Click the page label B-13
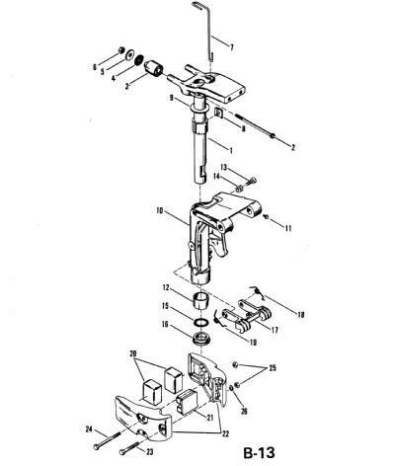coord(259,453)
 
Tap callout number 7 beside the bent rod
coord(232,47)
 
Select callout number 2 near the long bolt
coord(292,147)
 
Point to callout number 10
coord(161,210)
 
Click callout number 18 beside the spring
coord(300,315)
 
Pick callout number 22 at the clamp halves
coord(225,434)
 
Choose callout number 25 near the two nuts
coord(273,368)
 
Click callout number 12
coord(166,288)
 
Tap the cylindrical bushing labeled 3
coord(154,68)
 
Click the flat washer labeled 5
coord(130,54)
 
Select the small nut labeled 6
coord(121,50)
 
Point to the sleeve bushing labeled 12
coord(200,300)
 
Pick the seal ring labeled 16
coord(200,339)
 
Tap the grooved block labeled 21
coord(187,401)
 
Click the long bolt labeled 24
coord(107,440)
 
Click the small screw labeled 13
coord(251,181)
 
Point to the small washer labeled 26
coord(231,388)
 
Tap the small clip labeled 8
coord(218,113)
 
